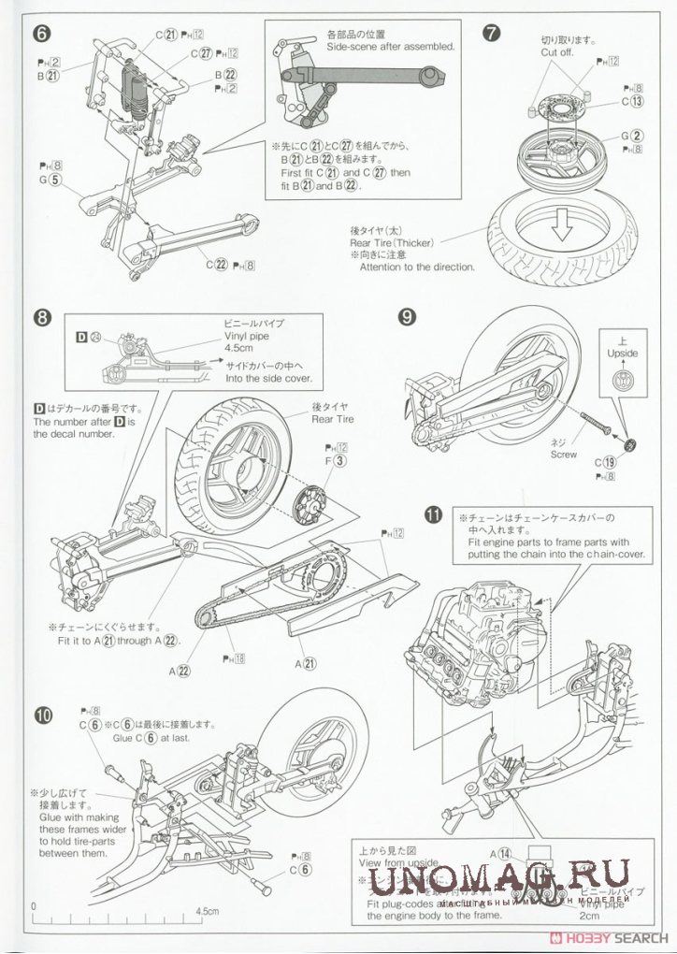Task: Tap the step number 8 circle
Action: click(x=41, y=317)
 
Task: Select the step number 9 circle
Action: click(x=407, y=317)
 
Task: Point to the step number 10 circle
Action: click(x=42, y=716)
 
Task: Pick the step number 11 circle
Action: click(x=433, y=513)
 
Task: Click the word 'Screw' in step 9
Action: click(x=564, y=455)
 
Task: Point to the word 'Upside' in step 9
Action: click(x=622, y=354)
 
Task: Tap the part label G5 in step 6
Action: click(x=49, y=180)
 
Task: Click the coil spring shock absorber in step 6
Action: click(x=135, y=89)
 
